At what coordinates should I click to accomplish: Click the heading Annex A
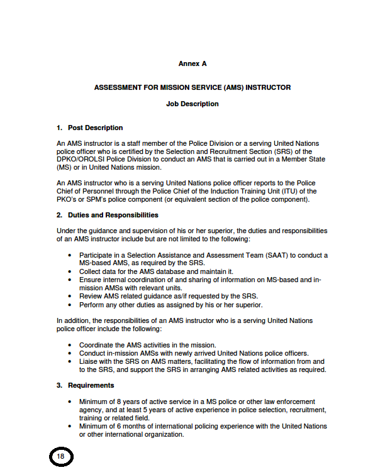(x=192, y=63)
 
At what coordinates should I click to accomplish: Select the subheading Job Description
(x=192, y=104)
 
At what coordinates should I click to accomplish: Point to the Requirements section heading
(x=91, y=385)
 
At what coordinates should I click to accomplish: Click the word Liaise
(x=89, y=361)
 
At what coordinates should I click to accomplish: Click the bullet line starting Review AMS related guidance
(x=169, y=296)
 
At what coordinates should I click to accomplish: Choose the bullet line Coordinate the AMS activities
(x=147, y=344)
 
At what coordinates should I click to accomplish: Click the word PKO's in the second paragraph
(x=67, y=199)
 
